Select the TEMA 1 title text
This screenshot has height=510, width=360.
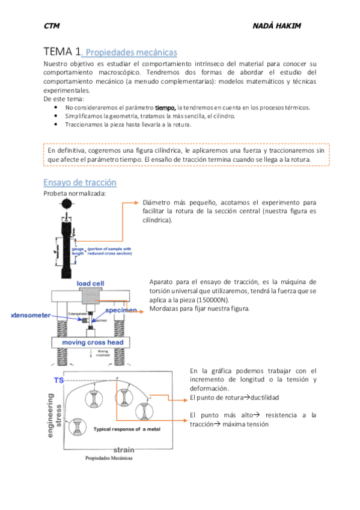(62, 52)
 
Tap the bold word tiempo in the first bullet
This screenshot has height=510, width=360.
(165, 107)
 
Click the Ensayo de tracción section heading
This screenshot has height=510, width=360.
(80, 182)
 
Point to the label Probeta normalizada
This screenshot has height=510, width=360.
(75, 193)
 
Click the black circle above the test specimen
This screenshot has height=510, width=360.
(66, 205)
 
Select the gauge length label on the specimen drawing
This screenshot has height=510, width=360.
(78, 251)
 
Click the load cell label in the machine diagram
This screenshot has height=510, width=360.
(91, 283)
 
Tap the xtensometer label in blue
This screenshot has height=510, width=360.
(29, 315)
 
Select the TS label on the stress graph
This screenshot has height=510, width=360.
(59, 381)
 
